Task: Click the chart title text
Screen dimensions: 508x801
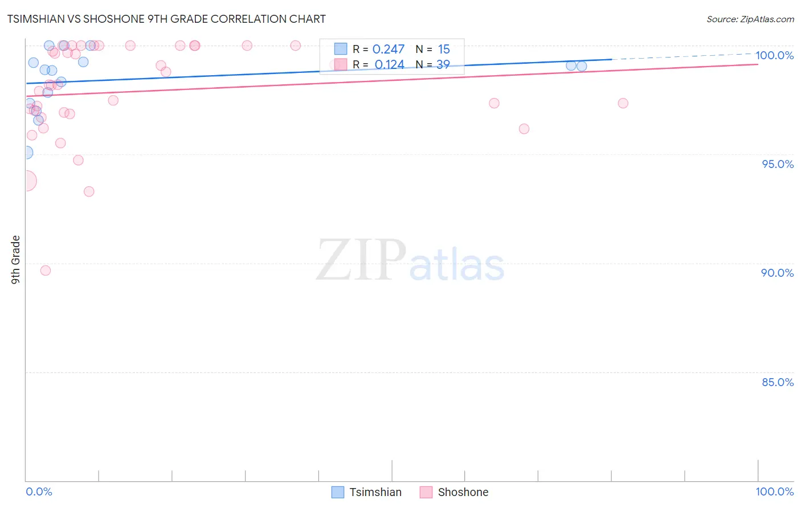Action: point(166,19)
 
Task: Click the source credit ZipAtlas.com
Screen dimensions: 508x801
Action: point(750,19)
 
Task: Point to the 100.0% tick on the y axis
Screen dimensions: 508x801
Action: point(774,55)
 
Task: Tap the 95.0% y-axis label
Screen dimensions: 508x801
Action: point(778,164)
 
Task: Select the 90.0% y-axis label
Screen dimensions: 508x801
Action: point(777,273)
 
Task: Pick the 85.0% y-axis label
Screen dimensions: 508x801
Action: point(778,382)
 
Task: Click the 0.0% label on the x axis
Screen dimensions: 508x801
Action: point(39,491)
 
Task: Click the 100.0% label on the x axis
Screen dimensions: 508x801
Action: point(774,491)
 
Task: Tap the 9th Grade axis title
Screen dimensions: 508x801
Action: point(16,260)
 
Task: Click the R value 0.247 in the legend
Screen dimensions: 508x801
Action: point(388,50)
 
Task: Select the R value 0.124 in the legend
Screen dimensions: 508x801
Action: point(389,65)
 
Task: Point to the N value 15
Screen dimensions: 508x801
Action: point(444,50)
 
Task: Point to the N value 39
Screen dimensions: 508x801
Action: point(443,65)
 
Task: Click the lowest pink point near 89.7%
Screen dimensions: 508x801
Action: point(46,271)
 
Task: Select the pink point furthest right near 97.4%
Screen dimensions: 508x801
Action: point(623,103)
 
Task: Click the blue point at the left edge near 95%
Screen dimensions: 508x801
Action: point(26,153)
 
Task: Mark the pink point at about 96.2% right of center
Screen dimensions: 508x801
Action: point(524,129)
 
